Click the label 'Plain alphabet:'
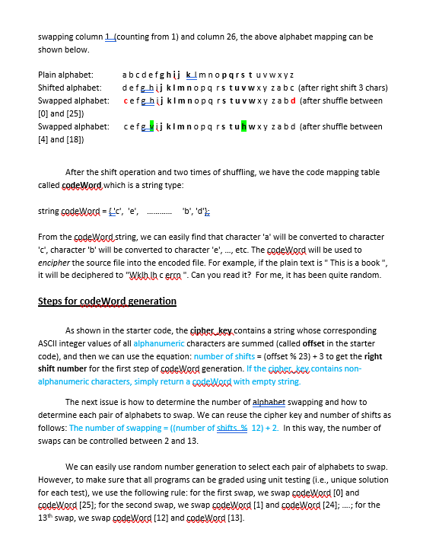[x=65, y=75]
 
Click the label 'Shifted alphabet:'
[x=69, y=88]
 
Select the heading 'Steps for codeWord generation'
[x=107, y=301]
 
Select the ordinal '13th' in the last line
[x=46, y=518]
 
